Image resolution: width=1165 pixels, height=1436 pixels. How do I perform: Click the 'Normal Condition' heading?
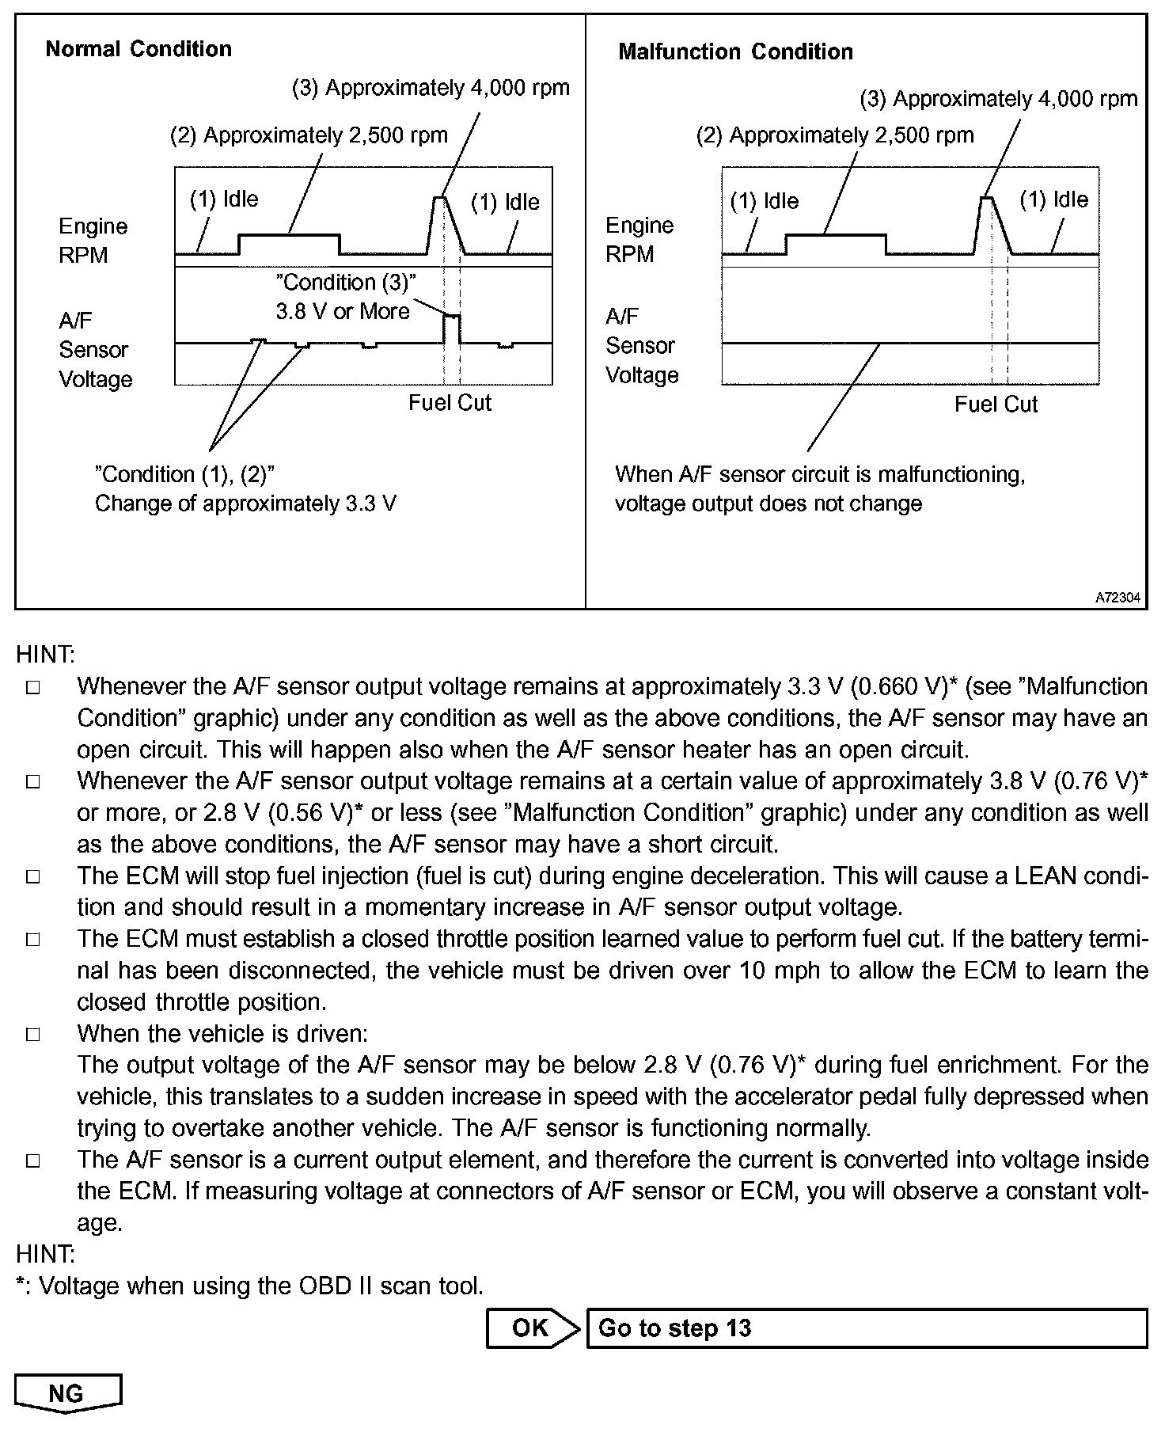tap(139, 49)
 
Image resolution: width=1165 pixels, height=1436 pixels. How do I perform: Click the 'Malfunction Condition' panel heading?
tap(735, 52)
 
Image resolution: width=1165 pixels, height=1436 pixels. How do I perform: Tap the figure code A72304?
tap(1118, 598)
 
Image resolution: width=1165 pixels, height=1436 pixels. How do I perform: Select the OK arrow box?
tap(532, 1328)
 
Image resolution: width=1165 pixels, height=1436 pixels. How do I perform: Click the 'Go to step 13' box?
tap(866, 1328)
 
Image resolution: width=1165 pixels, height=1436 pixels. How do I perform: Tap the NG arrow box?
tap(68, 1393)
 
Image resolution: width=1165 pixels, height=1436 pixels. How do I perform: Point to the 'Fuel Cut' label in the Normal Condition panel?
tap(450, 403)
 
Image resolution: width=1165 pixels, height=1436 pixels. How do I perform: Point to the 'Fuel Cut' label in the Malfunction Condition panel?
tap(996, 405)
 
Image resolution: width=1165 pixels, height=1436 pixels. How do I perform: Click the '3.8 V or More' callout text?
tap(343, 311)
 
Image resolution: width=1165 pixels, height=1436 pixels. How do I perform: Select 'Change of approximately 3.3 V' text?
tap(245, 503)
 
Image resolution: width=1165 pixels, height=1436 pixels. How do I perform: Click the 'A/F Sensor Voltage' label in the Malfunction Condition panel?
tap(641, 346)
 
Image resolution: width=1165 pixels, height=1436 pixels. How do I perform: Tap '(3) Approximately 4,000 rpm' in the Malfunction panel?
tap(999, 99)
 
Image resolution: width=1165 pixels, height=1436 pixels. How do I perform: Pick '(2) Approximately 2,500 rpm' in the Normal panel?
tap(309, 135)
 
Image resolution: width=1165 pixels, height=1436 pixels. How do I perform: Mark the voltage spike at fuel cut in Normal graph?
tap(452, 317)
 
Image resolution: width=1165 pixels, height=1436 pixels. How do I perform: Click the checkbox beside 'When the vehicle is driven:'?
tap(33, 1035)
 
